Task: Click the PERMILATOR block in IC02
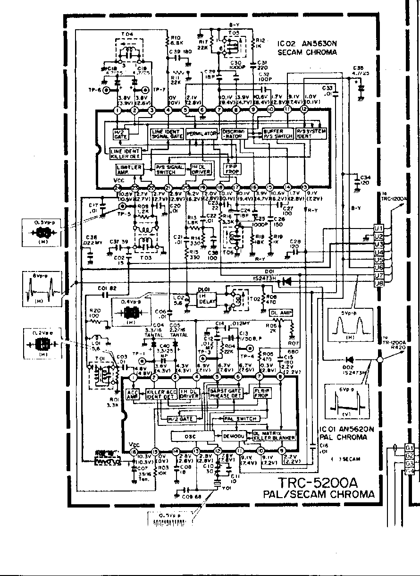202,134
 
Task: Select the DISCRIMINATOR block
232,133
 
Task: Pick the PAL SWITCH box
241,419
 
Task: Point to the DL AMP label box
281,313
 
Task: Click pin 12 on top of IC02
304,110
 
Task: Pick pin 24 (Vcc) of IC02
117,187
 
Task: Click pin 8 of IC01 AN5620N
280,378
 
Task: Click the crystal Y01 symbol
218,483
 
